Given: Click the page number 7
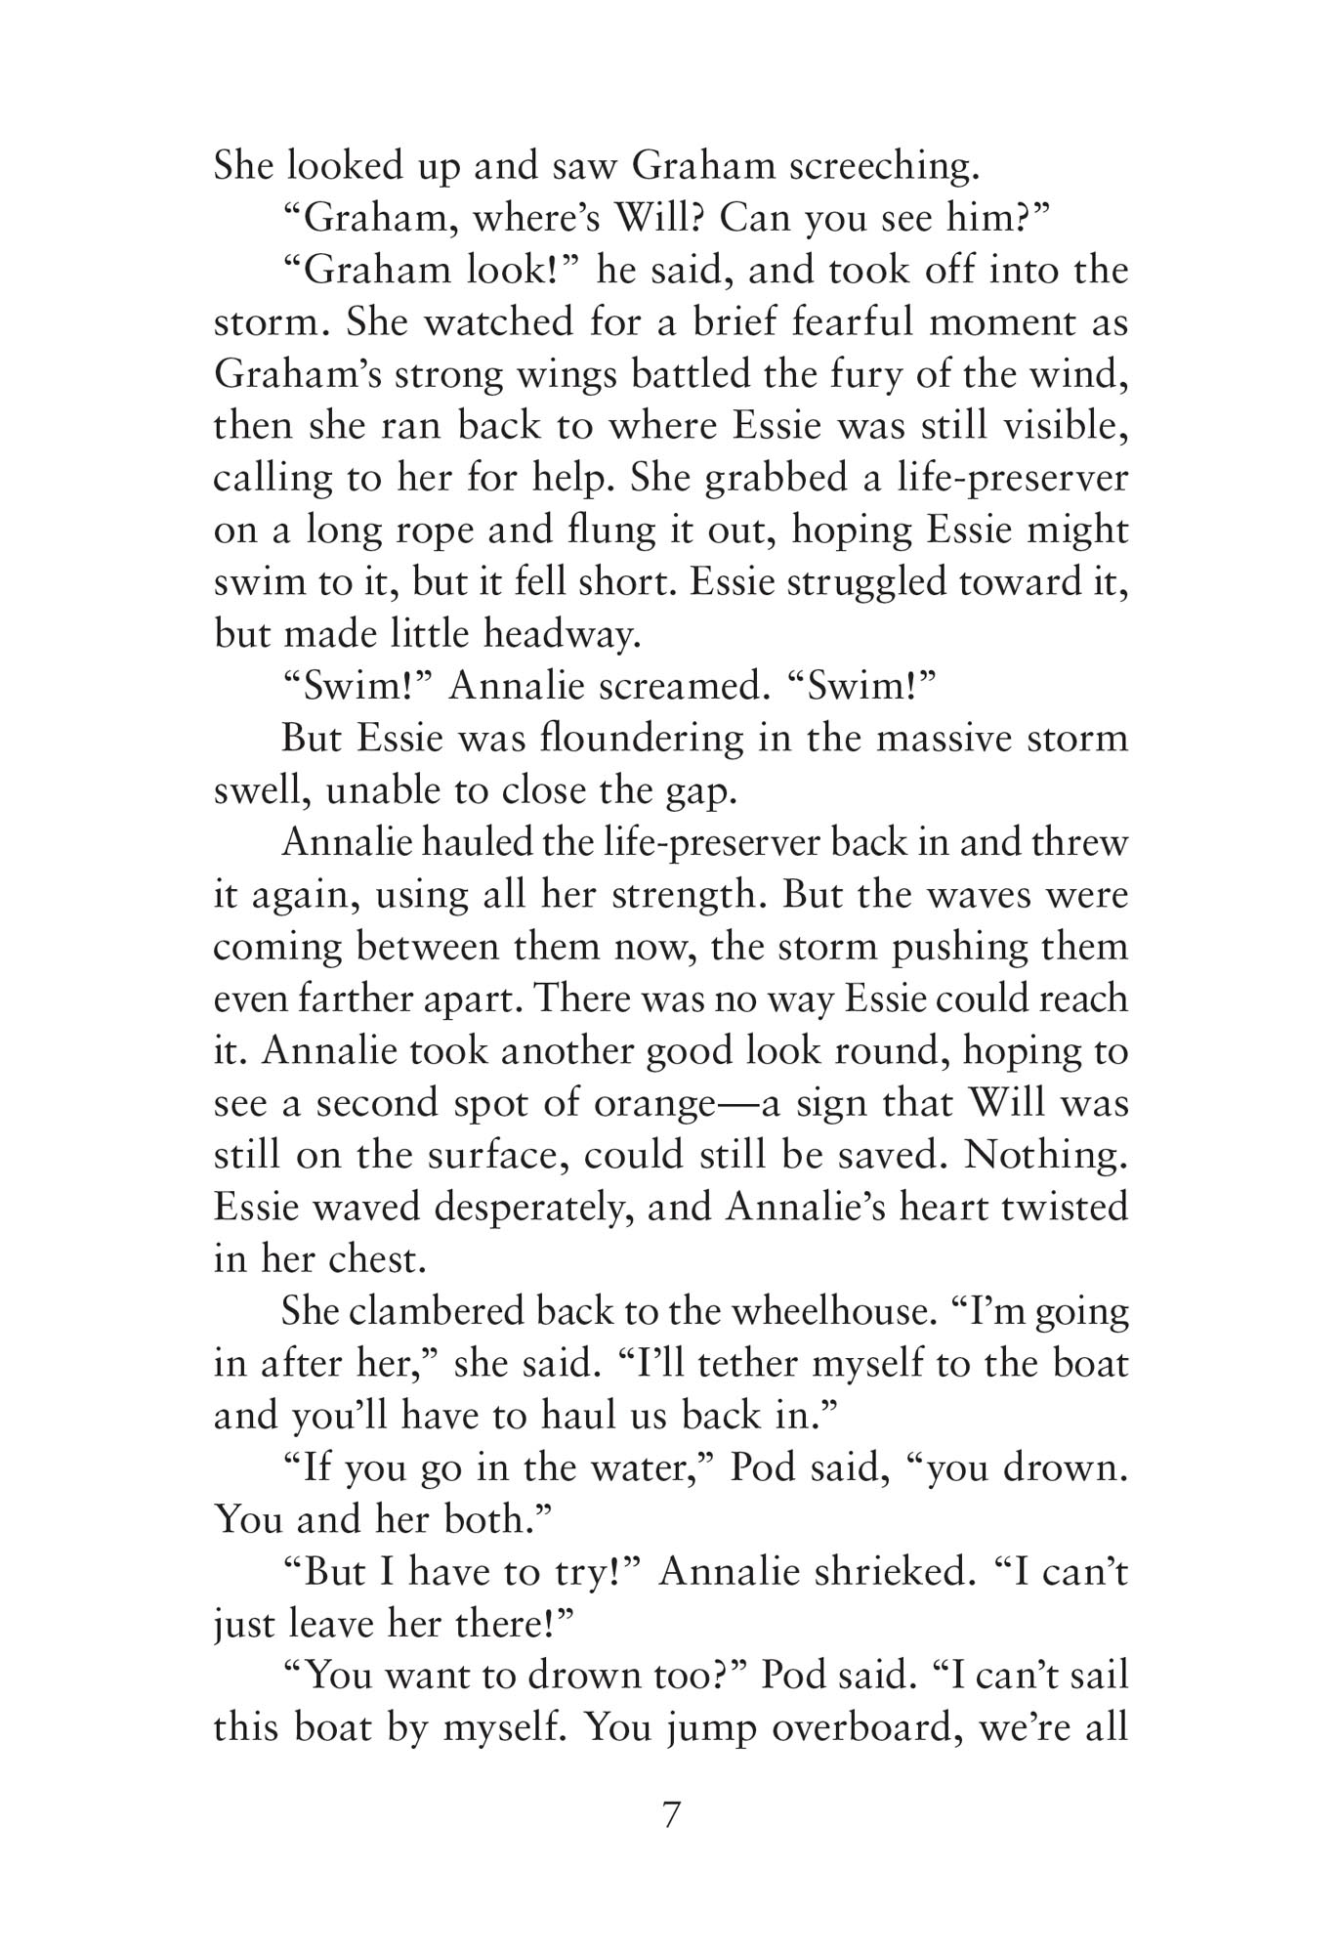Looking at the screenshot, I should tap(671, 1816).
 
